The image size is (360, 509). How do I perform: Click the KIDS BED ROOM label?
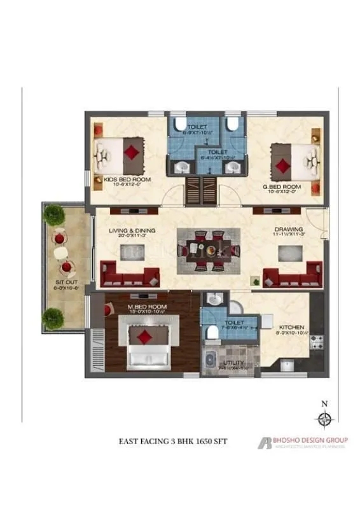pos(127,180)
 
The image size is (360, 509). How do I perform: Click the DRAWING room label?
pos(288,230)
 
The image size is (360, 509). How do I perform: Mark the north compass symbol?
pos(324,418)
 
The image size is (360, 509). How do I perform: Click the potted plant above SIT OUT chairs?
pos(53,214)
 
